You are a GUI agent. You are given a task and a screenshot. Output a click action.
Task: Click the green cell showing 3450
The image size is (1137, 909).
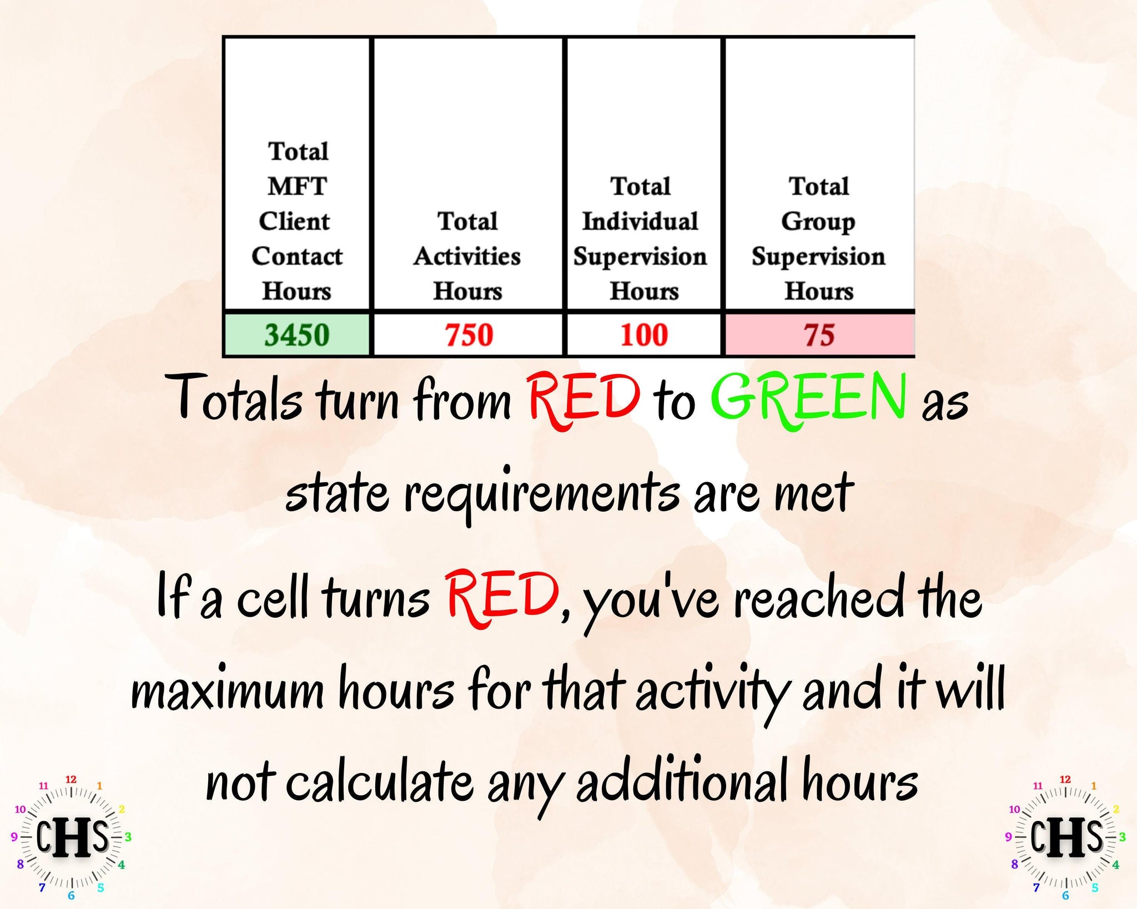pyautogui.click(x=297, y=335)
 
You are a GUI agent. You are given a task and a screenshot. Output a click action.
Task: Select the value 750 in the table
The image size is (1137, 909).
pyautogui.click(x=469, y=335)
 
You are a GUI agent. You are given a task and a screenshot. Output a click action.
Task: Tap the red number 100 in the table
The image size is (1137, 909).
pyautogui.click(x=644, y=335)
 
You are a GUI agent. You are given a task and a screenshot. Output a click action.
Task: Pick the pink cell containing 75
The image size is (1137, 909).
pyautogui.click(x=820, y=335)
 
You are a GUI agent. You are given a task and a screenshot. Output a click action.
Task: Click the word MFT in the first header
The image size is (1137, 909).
pyautogui.click(x=298, y=186)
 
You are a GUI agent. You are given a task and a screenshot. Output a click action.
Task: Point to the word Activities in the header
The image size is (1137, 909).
pyautogui.click(x=467, y=256)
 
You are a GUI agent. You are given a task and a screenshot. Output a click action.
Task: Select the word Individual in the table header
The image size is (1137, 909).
pyautogui.click(x=640, y=221)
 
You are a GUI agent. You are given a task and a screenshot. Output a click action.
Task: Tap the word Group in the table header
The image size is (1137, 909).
pyautogui.click(x=819, y=222)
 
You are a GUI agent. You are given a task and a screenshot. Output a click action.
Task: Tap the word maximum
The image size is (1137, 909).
pyautogui.click(x=227, y=692)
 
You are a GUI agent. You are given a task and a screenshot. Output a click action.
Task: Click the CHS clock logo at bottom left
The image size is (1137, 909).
pyautogui.click(x=71, y=837)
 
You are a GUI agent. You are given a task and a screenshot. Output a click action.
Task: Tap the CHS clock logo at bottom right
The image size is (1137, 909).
pyautogui.click(x=1065, y=837)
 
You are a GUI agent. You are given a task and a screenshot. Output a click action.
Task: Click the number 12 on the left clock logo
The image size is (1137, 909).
pyautogui.click(x=71, y=779)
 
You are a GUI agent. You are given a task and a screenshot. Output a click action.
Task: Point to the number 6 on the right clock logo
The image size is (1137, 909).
pyautogui.click(x=1065, y=895)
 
